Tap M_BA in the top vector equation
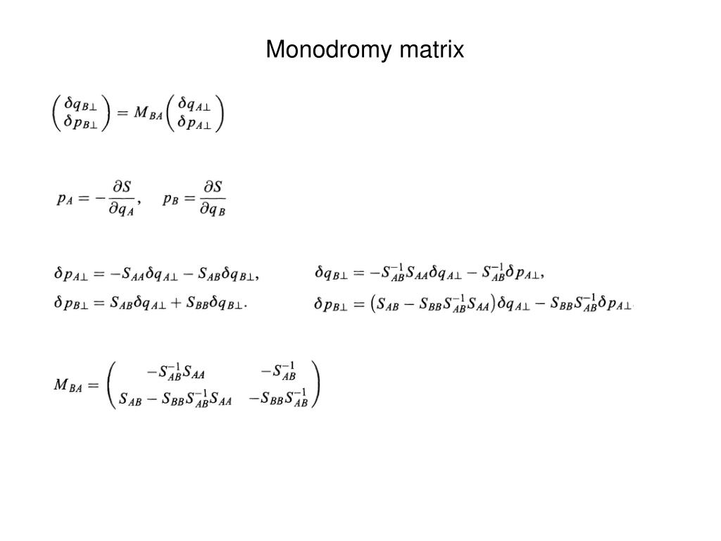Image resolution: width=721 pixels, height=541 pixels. tap(147, 113)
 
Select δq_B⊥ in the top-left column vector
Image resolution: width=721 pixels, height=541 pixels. tap(82, 104)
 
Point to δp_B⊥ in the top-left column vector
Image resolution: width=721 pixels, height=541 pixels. tap(82, 123)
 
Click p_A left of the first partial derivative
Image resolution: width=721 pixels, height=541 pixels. tap(65, 199)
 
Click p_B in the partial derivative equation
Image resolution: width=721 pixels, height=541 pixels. tap(170, 199)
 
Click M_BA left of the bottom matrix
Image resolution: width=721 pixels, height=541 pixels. tap(68, 385)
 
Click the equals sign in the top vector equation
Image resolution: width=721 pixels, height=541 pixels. tap(122, 113)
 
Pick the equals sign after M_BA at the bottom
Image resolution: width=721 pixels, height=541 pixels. tap(94, 385)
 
